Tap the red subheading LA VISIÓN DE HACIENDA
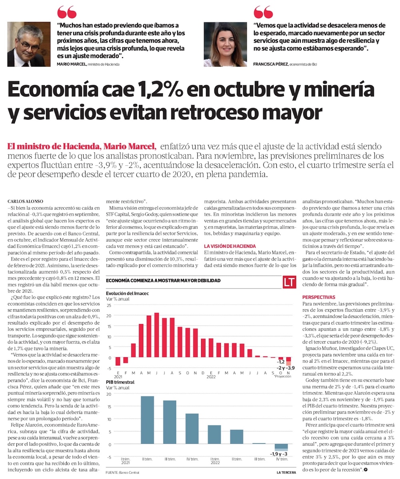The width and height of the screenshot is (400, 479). (x=230, y=246)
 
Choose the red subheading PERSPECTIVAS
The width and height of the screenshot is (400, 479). (x=319, y=297)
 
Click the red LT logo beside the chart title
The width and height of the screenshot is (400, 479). (x=289, y=282)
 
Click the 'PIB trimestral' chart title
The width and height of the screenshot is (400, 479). (x=120, y=382)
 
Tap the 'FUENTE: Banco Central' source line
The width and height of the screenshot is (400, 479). (x=123, y=473)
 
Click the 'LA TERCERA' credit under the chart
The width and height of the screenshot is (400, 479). (x=286, y=473)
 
